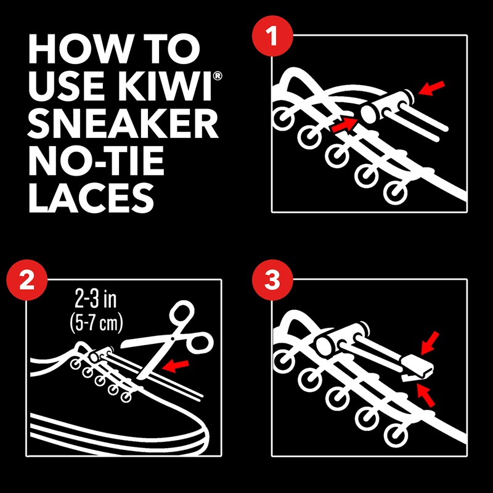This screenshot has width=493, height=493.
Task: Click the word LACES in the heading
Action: coord(91,198)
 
